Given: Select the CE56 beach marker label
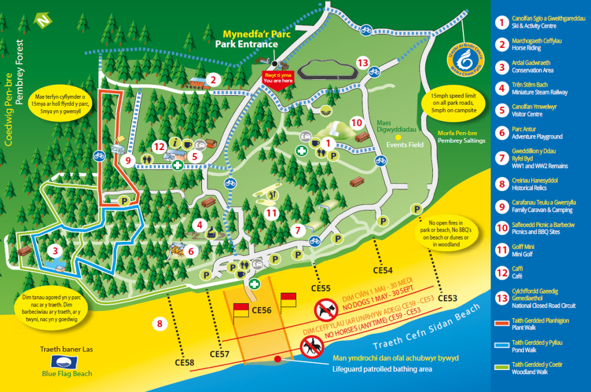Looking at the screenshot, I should coord(261,310).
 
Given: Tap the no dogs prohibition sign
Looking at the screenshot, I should coord(326,310).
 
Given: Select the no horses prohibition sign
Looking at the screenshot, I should coord(312,348).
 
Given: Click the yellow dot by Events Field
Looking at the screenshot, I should coord(398,137).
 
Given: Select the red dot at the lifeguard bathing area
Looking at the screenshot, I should coord(278,359).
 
